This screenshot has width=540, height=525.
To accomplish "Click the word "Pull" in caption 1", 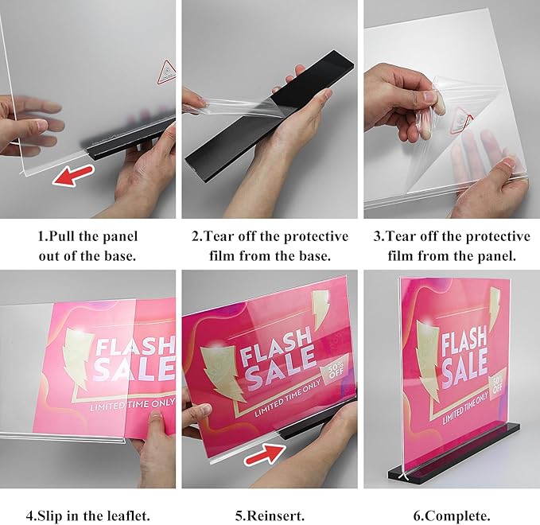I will point(70,236).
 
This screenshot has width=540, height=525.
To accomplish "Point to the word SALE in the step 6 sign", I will point(464,370).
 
